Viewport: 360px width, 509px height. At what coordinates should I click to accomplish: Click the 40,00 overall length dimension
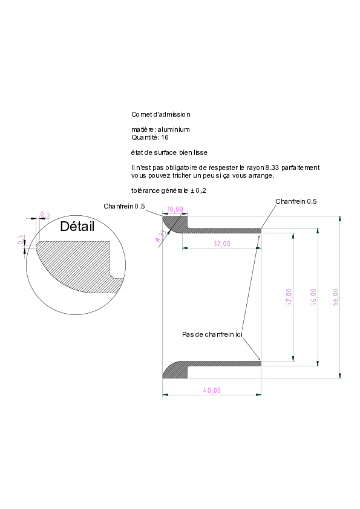[x=212, y=390]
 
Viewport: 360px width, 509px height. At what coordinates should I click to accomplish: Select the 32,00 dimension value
[x=222, y=244]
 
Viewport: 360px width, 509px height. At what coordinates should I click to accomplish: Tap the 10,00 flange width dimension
[x=175, y=209]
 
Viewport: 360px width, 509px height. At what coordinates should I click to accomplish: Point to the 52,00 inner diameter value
[x=289, y=297]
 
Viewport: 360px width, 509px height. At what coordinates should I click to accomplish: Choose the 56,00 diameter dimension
[x=313, y=297]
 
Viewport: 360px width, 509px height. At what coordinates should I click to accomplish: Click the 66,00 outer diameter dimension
[x=336, y=297]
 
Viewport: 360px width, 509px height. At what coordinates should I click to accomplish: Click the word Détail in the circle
[x=77, y=226]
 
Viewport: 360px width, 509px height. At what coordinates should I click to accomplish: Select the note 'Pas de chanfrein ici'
[x=212, y=334]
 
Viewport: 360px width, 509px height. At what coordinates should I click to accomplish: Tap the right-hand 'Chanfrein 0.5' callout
[x=296, y=201]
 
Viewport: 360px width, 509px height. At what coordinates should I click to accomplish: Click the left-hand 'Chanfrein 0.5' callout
[x=124, y=206]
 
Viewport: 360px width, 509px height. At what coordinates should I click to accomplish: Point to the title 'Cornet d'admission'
[x=161, y=114]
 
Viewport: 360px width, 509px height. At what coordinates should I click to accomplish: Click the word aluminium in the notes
[x=174, y=129]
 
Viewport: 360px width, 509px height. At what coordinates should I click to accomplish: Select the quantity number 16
[x=165, y=137]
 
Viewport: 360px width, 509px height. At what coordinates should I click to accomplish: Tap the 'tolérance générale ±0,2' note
[x=169, y=190]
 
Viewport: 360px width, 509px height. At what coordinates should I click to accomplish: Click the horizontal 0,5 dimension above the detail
[x=45, y=214]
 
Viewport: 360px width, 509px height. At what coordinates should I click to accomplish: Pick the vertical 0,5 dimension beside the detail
[x=21, y=239]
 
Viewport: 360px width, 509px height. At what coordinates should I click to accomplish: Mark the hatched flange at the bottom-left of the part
[x=175, y=370]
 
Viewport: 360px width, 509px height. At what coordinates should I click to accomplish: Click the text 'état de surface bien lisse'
[x=169, y=152]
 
